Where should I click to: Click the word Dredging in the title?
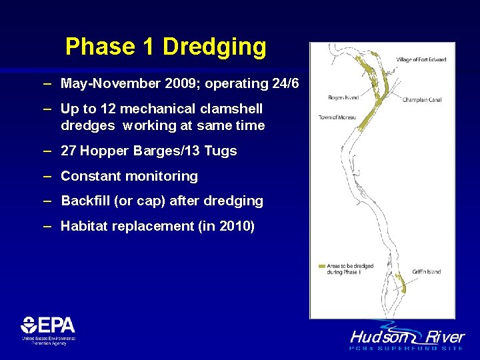point(214,47)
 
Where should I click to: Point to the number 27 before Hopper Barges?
point(69,151)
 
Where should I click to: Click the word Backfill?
point(85,201)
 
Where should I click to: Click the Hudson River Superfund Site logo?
point(407,337)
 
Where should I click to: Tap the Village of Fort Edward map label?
point(421,60)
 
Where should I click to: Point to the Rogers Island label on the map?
point(343,98)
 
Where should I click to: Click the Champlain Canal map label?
point(422,100)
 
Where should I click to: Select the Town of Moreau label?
point(337,117)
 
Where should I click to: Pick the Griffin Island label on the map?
point(426,272)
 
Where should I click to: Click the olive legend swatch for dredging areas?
point(321,266)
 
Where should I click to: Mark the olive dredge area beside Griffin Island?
point(401,285)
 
